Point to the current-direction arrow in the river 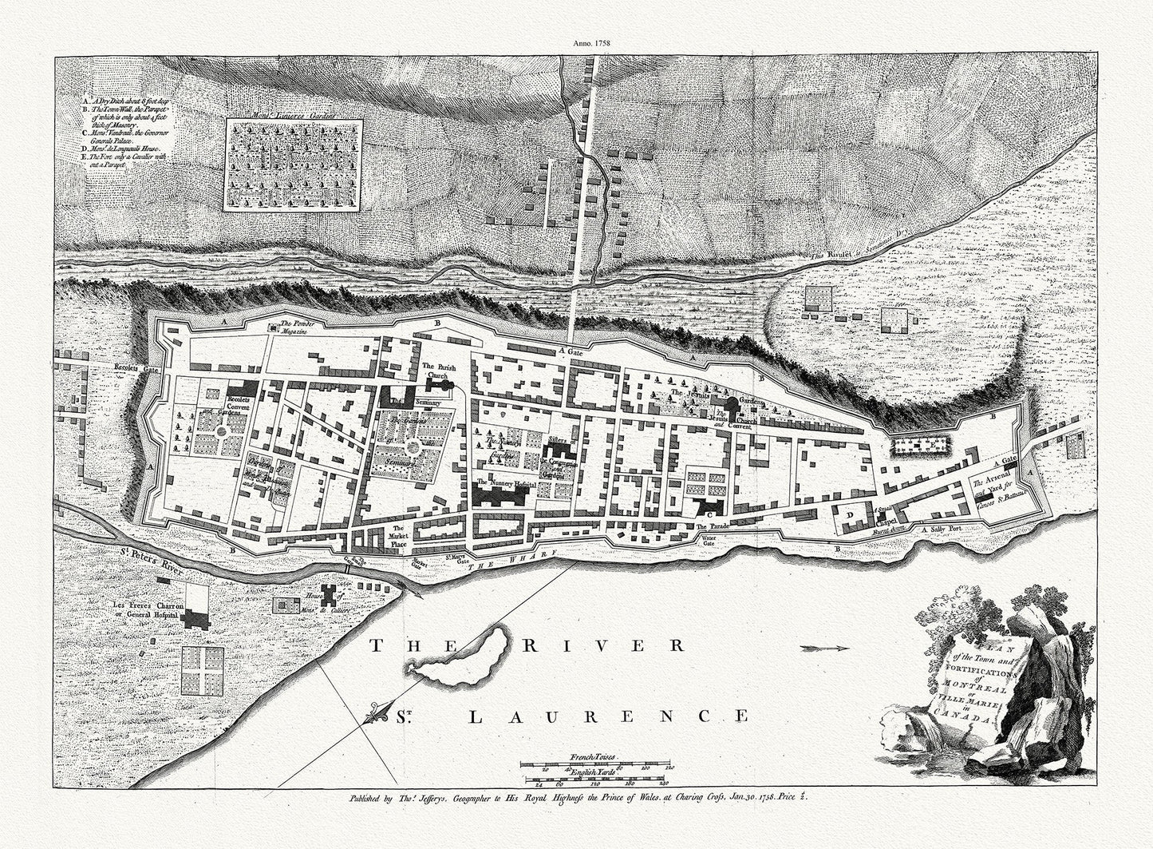(x=823, y=647)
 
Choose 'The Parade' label (x=712, y=527)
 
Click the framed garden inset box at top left (x=294, y=165)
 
